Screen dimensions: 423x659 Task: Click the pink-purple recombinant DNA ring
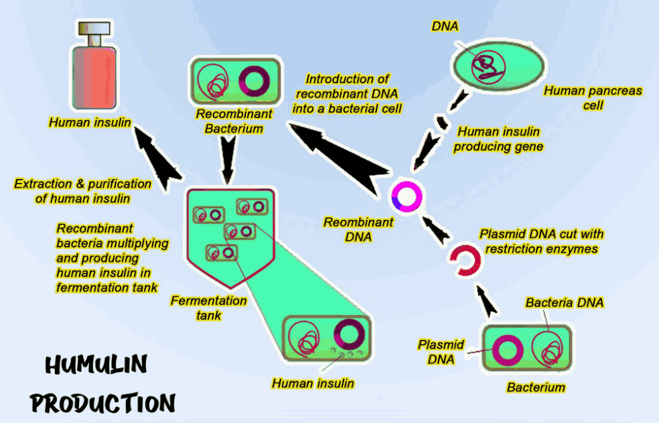pos(406,196)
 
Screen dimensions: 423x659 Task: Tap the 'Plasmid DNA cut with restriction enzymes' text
pos(541,241)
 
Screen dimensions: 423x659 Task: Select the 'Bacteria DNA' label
pos(565,303)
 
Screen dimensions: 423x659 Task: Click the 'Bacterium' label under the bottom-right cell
pos(536,387)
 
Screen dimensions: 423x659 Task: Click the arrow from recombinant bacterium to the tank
pos(228,161)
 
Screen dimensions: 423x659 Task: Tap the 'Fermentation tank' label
pos(208,308)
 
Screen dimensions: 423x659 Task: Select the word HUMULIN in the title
pos(96,365)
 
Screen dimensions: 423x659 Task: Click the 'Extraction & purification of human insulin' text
pos(82,191)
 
